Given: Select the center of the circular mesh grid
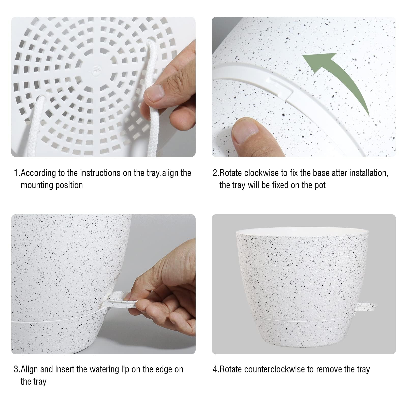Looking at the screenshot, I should coord(95,76).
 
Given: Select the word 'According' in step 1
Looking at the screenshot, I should coord(38,173).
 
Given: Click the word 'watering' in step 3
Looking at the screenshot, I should coord(104,369).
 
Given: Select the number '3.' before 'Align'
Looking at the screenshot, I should coord(17,369).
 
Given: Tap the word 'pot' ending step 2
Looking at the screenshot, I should coord(320,185).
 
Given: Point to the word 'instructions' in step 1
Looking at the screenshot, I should coord(100,173).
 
